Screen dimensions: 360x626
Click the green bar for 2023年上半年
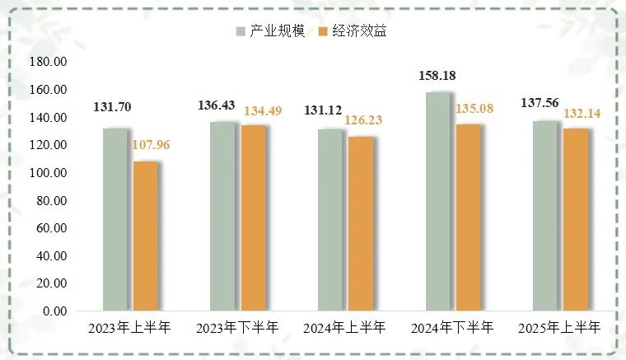click(115, 220)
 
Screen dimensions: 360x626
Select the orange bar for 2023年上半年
click(146, 236)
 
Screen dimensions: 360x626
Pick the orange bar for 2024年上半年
click(360, 224)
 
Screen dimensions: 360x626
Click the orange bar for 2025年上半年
click(576, 220)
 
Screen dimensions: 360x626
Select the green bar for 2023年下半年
click(222, 217)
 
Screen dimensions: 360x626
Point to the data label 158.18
click(437, 76)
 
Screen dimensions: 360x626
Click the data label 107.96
click(149, 147)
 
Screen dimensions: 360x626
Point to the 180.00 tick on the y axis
click(48, 62)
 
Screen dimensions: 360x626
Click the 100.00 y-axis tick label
click(48, 173)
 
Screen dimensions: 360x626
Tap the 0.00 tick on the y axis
click(54, 311)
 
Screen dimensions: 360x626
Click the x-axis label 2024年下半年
click(452, 328)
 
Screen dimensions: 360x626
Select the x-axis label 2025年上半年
click(559, 328)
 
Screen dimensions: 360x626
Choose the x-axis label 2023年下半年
click(237, 328)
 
